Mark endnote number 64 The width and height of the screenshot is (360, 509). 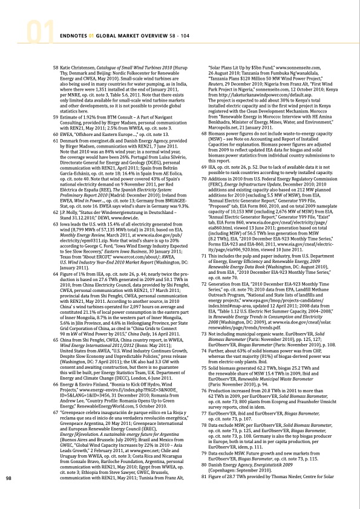(56, 293)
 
